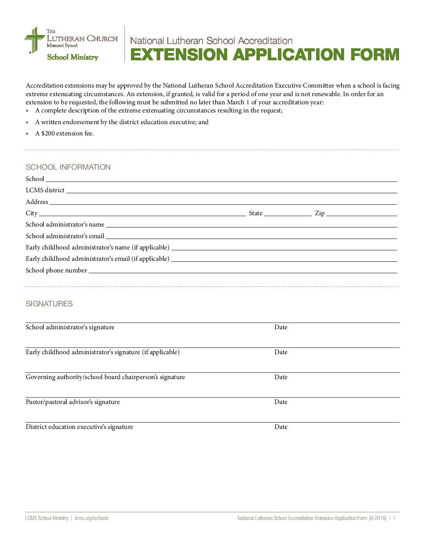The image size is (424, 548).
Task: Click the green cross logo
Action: tap(34, 40)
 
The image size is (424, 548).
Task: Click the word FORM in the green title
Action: tap(375, 54)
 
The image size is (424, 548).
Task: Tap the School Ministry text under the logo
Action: tap(72, 57)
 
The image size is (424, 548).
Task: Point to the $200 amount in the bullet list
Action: tap(48, 133)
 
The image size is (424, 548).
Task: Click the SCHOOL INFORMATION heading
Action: tap(68, 167)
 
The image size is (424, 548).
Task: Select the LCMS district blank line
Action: tap(231, 190)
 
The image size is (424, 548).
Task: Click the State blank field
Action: tap(288, 213)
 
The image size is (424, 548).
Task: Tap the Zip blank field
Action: tap(361, 213)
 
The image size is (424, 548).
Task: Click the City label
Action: tap(32, 213)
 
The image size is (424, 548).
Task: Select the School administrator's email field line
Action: tap(251, 236)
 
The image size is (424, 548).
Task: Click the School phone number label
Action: tap(56, 270)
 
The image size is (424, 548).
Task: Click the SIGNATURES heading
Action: tap(49, 304)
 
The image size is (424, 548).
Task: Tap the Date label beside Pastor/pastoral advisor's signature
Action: tap(281, 402)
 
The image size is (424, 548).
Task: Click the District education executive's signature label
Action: tap(79, 427)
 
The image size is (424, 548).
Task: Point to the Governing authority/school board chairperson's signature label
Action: tap(105, 377)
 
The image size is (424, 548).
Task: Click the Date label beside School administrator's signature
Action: tap(281, 327)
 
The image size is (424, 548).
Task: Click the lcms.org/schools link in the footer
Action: tap(92, 518)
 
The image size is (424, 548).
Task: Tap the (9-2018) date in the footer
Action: tap(378, 518)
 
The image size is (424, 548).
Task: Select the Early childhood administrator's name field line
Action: tap(284, 248)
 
